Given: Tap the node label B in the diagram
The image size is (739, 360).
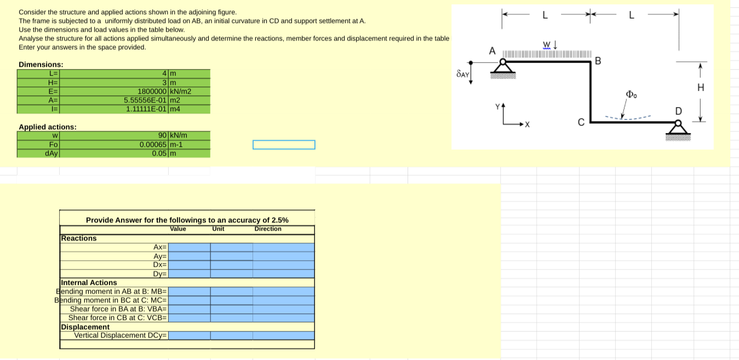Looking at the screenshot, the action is click(598, 60).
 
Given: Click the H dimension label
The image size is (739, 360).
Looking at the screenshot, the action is click(700, 87).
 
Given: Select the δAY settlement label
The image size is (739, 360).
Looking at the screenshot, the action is click(462, 73).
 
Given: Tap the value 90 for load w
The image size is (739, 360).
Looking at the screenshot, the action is click(163, 135).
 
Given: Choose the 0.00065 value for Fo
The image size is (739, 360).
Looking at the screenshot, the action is click(153, 144).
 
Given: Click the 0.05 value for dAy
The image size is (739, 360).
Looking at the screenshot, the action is click(159, 153).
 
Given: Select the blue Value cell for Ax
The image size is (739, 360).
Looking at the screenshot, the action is click(189, 247).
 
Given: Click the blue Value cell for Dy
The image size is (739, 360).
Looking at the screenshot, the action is click(189, 273).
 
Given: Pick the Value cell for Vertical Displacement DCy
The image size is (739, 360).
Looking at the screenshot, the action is click(189, 335).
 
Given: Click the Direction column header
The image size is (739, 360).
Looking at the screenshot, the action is click(268, 229).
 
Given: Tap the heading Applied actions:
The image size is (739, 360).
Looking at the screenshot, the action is click(48, 127).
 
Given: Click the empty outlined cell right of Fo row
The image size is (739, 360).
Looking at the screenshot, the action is click(284, 145).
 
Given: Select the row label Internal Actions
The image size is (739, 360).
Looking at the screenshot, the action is click(89, 283).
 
